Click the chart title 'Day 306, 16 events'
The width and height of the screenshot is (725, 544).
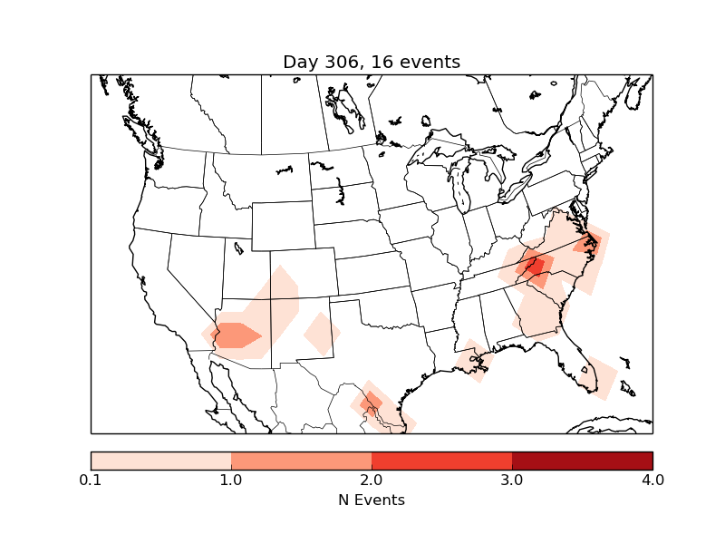[372, 62]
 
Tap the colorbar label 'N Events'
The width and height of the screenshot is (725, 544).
[372, 500]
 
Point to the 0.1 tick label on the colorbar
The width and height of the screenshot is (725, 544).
[91, 480]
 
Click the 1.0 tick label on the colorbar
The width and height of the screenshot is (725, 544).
[231, 480]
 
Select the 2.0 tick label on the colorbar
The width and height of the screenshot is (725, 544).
[372, 480]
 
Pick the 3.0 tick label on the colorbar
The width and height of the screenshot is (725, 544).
[512, 480]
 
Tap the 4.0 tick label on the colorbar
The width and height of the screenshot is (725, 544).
[652, 480]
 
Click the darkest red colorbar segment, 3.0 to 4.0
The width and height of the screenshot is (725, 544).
[582, 460]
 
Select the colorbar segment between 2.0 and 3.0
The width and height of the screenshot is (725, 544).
[441, 460]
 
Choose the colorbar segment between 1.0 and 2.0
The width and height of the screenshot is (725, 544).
[301, 460]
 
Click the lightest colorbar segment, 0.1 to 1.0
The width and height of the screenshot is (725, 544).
[160, 460]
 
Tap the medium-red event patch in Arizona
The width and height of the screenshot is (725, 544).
[236, 335]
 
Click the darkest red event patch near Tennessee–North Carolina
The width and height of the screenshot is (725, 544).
[535, 266]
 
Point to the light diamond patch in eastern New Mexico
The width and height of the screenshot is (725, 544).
[322, 333]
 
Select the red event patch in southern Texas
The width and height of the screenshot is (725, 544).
[370, 402]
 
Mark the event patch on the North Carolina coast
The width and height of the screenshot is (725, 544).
[587, 243]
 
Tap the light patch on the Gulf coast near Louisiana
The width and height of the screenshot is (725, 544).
[471, 361]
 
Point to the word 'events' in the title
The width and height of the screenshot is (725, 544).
[429, 62]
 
